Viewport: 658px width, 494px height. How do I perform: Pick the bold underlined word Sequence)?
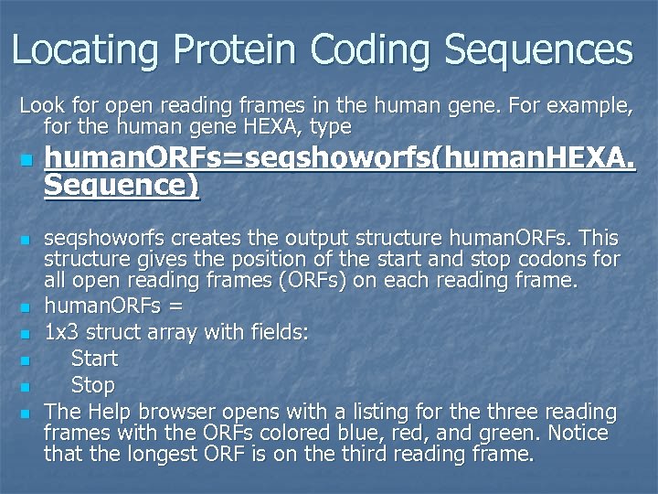pyautogui.click(x=122, y=185)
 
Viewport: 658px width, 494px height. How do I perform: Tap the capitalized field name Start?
pyautogui.click(x=94, y=359)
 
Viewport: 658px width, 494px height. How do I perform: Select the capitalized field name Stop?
pyautogui.click(x=92, y=385)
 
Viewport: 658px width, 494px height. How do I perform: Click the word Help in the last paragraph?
pyautogui.click(x=108, y=412)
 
